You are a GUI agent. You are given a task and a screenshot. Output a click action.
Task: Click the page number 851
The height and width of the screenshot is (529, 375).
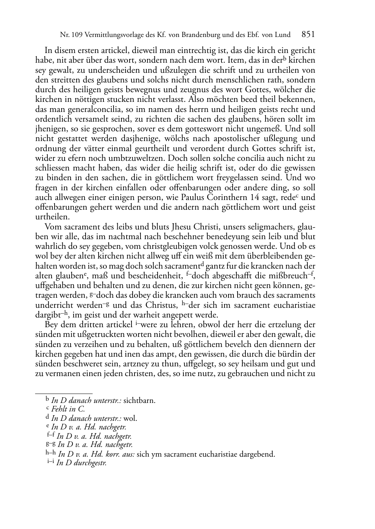pyautogui.click(x=308, y=35)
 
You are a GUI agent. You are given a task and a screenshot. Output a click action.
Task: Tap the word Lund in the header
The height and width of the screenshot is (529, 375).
pyautogui.click(x=283, y=35)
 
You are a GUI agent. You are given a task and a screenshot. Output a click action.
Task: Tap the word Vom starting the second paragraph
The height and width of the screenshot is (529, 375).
pyautogui.click(x=52, y=226)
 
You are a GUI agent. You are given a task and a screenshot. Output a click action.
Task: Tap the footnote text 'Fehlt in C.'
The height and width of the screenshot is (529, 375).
pyautogui.click(x=68, y=409)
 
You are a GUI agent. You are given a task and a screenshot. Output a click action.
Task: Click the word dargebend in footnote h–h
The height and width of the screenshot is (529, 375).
pyautogui.click(x=258, y=454)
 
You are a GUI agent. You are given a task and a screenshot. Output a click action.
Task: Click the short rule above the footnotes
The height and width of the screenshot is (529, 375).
pyautogui.click(x=63, y=393)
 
